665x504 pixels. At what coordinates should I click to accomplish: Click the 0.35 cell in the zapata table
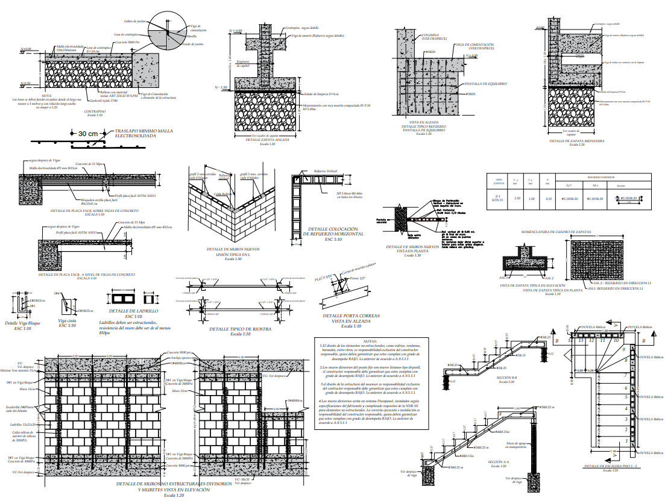(x=548, y=198)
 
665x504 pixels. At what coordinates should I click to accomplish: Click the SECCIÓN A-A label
(x=500, y=462)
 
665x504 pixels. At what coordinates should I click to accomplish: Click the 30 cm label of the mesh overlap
(x=89, y=133)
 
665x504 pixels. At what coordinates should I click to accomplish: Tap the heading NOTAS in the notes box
(x=374, y=341)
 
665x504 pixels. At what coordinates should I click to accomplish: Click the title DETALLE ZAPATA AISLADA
(x=267, y=140)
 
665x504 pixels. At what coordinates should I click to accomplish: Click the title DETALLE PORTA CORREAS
(x=351, y=315)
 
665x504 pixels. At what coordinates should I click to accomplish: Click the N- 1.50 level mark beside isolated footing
(x=221, y=87)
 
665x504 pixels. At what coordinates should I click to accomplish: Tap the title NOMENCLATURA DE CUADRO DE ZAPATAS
(x=565, y=231)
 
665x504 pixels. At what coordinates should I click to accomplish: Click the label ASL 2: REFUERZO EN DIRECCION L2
(x=622, y=282)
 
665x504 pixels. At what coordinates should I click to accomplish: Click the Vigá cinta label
(x=67, y=321)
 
